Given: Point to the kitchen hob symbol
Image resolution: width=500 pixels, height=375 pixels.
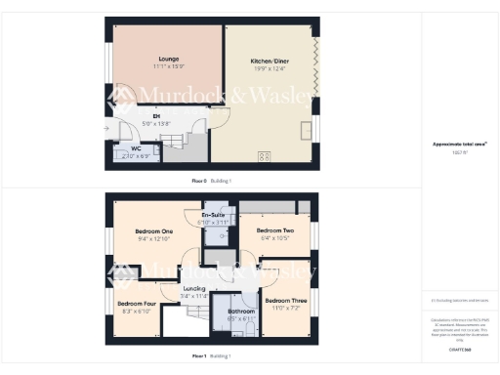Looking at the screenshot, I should click(x=264, y=155).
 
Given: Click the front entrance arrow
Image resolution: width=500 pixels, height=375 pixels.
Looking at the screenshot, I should click(x=107, y=126).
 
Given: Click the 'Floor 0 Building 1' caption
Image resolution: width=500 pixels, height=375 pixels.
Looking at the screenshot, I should click(x=211, y=181).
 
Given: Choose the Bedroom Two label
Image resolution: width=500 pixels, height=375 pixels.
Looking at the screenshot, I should click(x=276, y=230).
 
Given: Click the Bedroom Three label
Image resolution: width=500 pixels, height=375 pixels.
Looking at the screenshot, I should click(x=287, y=301).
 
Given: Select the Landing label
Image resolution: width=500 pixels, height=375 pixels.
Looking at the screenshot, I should click(x=194, y=290).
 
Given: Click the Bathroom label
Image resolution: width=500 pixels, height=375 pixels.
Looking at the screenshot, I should click(x=240, y=311).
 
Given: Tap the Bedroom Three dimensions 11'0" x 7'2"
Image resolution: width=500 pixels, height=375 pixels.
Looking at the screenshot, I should click(x=287, y=309).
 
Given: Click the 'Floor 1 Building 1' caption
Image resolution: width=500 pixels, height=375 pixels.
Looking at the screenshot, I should click(x=211, y=355).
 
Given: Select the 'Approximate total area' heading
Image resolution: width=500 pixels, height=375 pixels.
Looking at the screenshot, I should click(x=459, y=144).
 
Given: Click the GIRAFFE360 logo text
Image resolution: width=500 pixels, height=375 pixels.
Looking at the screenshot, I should click(x=459, y=348).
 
